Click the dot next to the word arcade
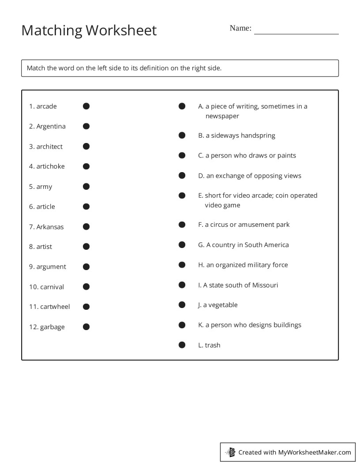click(x=86, y=106)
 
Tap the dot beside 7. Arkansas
click(x=86, y=226)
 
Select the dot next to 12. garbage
click(x=86, y=327)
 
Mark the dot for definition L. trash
click(x=182, y=345)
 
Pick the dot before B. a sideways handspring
click(x=182, y=135)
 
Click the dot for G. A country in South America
click(x=182, y=244)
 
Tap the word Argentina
click(x=51, y=126)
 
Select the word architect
click(x=49, y=147)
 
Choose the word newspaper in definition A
click(x=222, y=116)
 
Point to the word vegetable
click(x=223, y=305)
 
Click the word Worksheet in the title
click(x=121, y=30)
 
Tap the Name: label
click(x=240, y=28)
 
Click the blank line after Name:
click(x=296, y=31)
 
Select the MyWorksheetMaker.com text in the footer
click(x=315, y=452)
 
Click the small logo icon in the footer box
click(x=230, y=452)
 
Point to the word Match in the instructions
click(x=36, y=68)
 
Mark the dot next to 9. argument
click(x=86, y=267)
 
